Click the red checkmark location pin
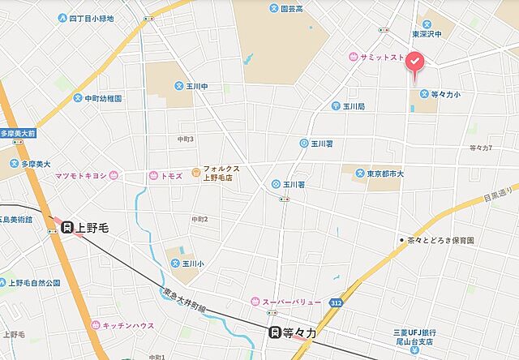(x=414, y=62)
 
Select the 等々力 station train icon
(x=276, y=332)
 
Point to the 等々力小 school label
(x=445, y=94)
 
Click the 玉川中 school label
(x=193, y=85)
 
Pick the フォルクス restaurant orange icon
(x=195, y=171)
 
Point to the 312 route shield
(x=337, y=302)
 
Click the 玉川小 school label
(x=190, y=263)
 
